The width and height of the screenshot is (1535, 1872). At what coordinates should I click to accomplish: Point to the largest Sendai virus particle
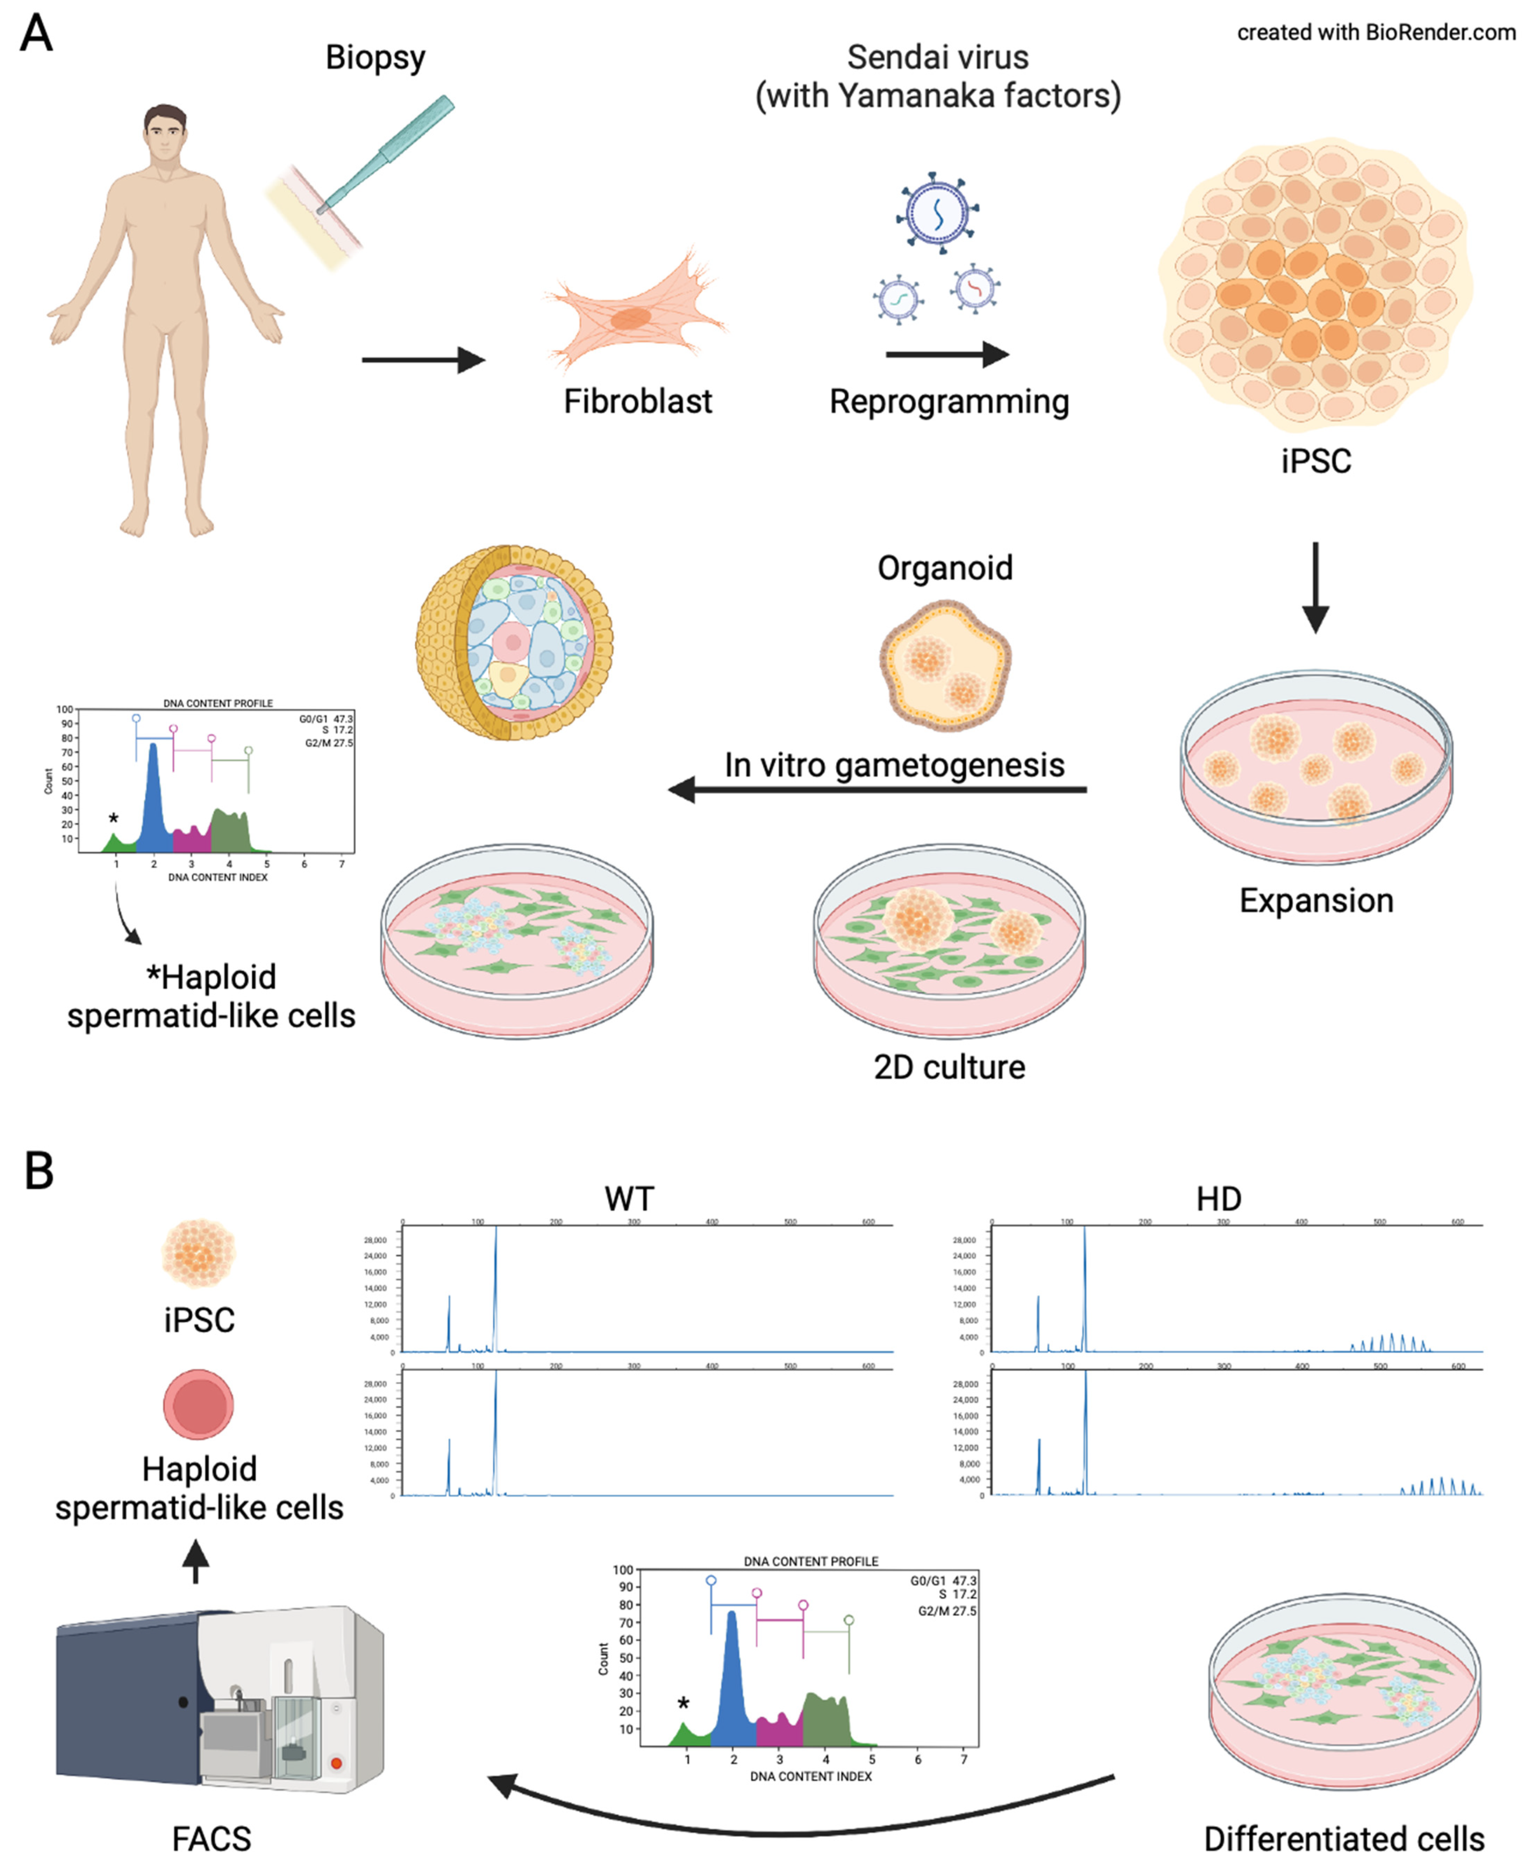(937, 212)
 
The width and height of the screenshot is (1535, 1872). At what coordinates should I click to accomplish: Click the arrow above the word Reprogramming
(946, 354)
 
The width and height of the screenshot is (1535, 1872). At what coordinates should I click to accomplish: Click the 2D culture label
(949, 1067)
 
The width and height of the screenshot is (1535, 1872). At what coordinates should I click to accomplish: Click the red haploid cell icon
(198, 1404)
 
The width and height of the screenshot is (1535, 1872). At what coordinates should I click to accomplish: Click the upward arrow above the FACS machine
(195, 1561)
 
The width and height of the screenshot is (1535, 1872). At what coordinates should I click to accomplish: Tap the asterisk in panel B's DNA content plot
(683, 1703)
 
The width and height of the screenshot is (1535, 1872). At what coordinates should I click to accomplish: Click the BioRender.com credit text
(1376, 33)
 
